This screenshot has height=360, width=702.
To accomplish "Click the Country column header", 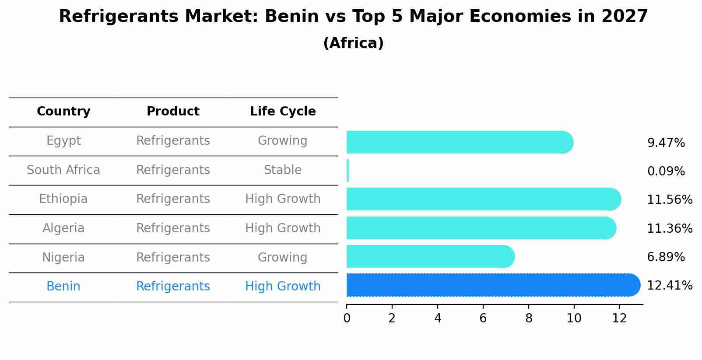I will click(x=63, y=112).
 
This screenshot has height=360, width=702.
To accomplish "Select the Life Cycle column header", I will click(x=283, y=112).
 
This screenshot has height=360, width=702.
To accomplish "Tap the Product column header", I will click(x=173, y=112).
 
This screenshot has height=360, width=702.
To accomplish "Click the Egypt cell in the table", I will click(x=63, y=141).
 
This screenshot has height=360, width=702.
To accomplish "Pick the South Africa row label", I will click(x=63, y=170).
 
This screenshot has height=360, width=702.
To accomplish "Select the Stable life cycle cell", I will click(x=283, y=170).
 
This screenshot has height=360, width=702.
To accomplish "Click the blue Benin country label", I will click(x=63, y=287).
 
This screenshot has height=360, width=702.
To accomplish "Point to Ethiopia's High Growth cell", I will click(x=283, y=199).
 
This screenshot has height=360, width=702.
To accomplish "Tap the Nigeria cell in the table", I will click(x=63, y=258).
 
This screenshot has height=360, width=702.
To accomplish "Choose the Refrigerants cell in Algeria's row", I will click(x=173, y=228).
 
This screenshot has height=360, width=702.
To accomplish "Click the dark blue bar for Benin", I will click(x=490, y=285).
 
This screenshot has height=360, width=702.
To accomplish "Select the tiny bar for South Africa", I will click(x=348, y=171).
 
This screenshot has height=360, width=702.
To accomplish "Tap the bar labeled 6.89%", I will click(x=429, y=256).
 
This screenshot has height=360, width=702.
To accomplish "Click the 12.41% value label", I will click(x=669, y=286).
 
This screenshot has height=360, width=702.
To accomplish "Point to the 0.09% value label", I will click(x=666, y=171).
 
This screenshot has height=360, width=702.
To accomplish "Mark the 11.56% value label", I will click(x=669, y=200).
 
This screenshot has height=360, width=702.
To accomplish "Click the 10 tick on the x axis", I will click(x=574, y=318).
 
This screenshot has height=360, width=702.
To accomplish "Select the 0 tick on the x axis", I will click(x=347, y=318).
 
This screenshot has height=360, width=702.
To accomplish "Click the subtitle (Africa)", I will click(x=353, y=43).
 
